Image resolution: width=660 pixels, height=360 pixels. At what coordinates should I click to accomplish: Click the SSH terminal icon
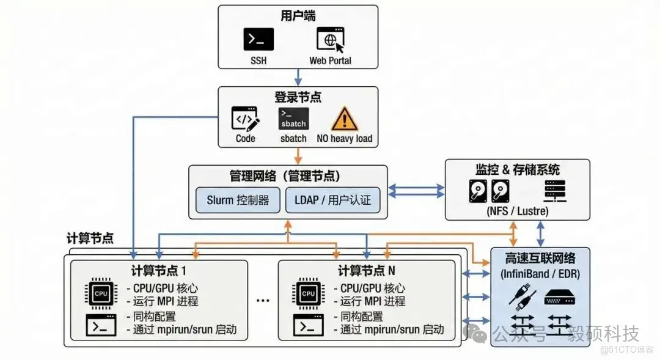(258, 39)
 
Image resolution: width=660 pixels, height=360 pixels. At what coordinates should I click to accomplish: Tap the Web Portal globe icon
(330, 39)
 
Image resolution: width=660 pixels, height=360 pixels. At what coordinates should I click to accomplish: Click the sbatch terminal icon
(293, 118)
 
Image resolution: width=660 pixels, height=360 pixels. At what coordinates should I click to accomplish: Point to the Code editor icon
(245, 118)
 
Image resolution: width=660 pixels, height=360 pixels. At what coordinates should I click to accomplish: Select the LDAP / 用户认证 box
(332, 200)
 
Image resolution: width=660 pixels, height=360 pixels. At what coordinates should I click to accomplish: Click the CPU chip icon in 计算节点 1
(101, 293)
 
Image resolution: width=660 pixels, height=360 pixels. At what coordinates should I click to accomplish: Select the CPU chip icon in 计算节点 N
(309, 293)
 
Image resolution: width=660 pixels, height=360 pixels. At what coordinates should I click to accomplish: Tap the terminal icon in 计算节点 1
(101, 326)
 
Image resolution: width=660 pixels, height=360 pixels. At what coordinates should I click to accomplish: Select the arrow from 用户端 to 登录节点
(298, 77)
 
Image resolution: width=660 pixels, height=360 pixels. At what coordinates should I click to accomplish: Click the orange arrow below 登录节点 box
(298, 156)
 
